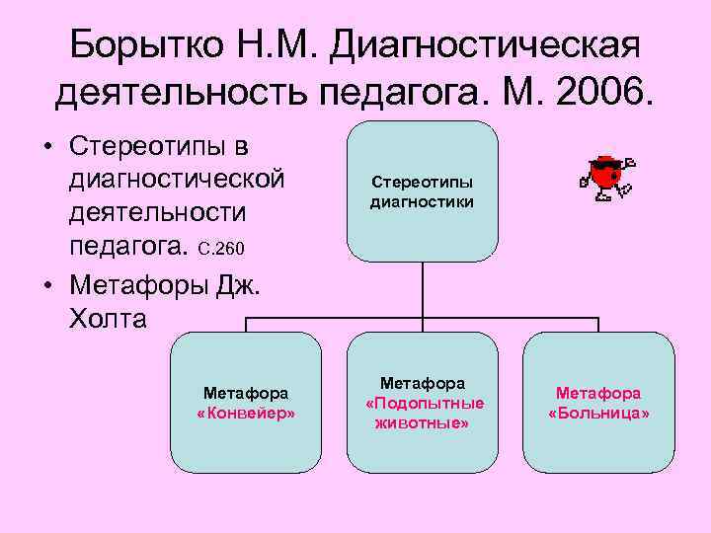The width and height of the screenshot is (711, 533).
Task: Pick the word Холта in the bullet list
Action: click(108, 318)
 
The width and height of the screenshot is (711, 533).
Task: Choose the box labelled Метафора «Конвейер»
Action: click(246, 403)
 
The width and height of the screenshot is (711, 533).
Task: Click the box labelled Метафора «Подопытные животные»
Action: click(424, 403)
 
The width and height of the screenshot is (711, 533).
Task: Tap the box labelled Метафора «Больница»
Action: click(598, 403)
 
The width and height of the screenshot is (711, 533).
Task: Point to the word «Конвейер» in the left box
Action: click(246, 413)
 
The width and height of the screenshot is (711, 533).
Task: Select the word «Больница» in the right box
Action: click(598, 413)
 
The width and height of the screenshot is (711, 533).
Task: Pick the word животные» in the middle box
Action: click(424, 423)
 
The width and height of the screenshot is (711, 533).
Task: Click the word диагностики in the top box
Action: click(422, 202)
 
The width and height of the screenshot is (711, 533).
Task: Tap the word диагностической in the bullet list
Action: click(177, 181)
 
